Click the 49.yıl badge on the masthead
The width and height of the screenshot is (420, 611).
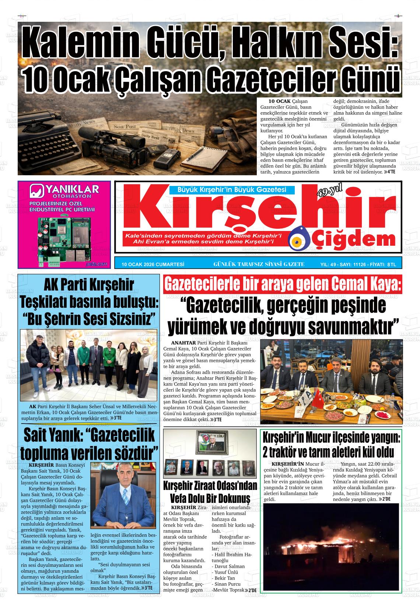click(x=329, y=192)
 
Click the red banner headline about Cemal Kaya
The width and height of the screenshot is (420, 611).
click(x=282, y=285)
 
